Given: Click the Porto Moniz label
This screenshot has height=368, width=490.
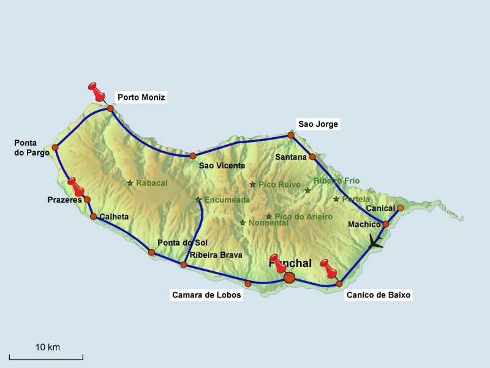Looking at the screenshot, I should point(141,97).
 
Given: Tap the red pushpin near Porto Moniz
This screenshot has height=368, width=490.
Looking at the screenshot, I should point(96,91).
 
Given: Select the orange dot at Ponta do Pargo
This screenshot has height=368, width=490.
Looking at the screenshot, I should point(55,148).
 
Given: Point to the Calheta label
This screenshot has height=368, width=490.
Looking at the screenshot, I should point(114,216).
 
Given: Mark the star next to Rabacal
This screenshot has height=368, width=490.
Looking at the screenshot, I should point(130,182).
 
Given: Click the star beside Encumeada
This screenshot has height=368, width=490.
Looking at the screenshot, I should point(198,200).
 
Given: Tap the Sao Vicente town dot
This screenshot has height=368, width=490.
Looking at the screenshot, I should point(192,156).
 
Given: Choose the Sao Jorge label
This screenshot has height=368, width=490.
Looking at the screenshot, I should point(318,124).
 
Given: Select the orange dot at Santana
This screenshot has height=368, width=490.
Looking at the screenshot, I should point(312,157).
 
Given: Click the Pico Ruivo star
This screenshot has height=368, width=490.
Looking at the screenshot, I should point(252,184).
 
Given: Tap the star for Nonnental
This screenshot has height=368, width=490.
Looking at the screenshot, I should point(243,223).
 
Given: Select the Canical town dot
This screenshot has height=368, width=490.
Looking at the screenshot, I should point(400,208).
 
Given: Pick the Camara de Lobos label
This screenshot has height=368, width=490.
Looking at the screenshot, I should point(206,295).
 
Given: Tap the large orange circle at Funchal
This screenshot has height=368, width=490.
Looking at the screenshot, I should point(290,278).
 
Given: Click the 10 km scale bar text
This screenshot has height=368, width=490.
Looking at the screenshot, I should point(47,347).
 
